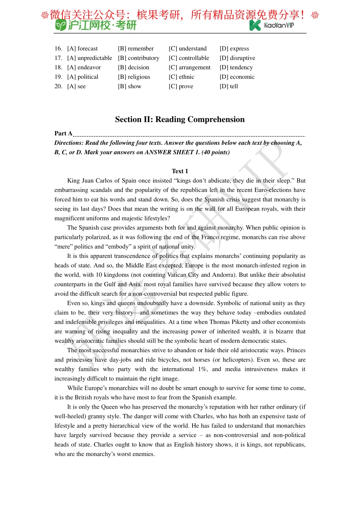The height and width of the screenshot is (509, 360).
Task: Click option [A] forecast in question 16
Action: (82, 48)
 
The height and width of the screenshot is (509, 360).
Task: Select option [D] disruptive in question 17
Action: (237, 58)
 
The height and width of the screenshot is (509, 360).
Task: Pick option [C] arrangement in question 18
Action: (189, 67)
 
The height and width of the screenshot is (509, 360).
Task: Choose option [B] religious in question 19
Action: (134, 77)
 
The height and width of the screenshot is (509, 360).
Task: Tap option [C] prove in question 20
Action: (181, 86)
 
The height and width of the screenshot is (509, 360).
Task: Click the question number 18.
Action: (58, 67)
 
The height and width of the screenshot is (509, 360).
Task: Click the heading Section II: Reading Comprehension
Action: (180, 119)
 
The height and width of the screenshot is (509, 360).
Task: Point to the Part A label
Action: (63, 133)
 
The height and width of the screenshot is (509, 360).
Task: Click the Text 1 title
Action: (180, 171)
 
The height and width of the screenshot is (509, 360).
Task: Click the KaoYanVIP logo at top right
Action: (272, 25)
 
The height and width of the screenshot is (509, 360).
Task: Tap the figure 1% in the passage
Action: (202, 369)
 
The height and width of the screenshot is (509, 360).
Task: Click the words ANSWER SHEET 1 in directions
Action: (172, 152)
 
